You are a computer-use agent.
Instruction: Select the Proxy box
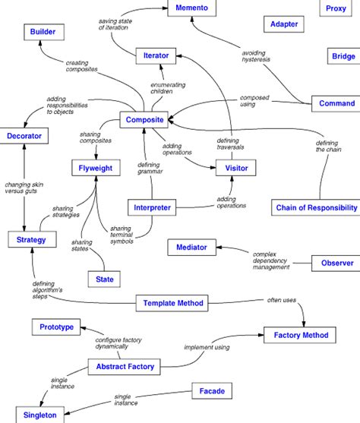coord(336,8)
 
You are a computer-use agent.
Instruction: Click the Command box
coord(336,103)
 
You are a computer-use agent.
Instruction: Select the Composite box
coord(144,119)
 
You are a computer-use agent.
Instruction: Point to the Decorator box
coord(25,137)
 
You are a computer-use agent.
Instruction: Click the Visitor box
coord(232,168)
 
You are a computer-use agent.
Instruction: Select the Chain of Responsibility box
coord(316,207)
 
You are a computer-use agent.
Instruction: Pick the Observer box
coord(335,263)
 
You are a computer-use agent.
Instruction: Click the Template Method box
coord(173,304)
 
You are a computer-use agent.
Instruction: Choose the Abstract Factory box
coord(125,367)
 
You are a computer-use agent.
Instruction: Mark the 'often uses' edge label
coord(281,299)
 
